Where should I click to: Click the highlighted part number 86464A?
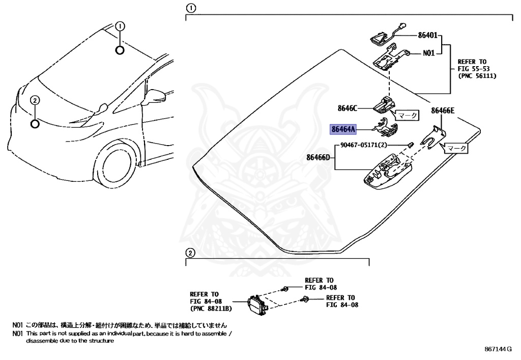(x=342, y=129)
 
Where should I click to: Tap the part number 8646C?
(x=348, y=108)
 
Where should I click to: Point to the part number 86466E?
(x=443, y=110)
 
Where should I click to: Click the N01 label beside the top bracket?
(x=429, y=52)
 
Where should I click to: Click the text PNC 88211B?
(x=211, y=309)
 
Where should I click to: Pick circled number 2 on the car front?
(x=35, y=100)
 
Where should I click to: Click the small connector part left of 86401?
(x=379, y=38)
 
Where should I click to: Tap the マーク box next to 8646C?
(x=407, y=116)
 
